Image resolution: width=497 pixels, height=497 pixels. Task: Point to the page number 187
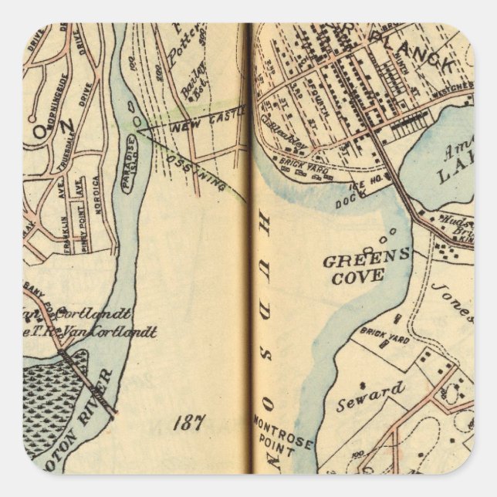188,422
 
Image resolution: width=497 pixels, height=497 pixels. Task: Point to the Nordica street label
95,191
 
